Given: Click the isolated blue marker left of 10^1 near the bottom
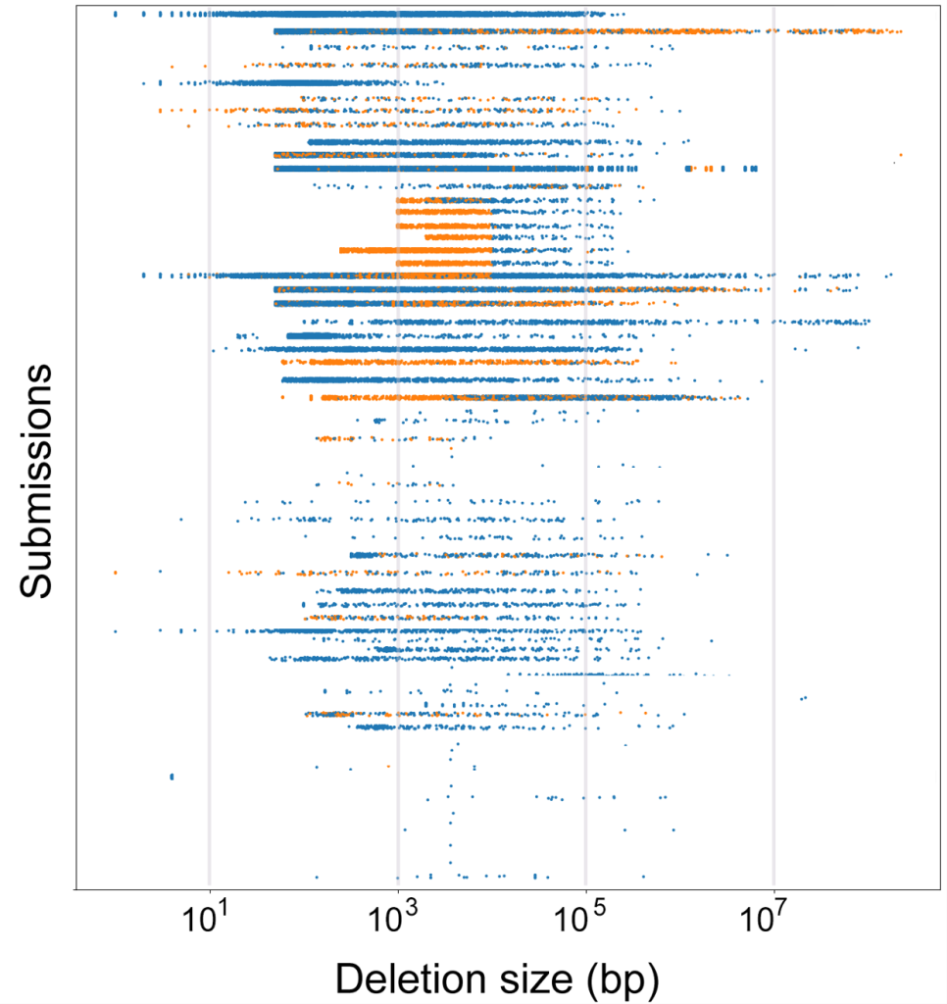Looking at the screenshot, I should tap(172, 777).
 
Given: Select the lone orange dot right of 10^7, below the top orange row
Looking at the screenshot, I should tap(900, 155).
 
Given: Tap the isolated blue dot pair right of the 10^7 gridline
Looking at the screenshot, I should tap(803, 698).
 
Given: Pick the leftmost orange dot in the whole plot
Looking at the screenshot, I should tap(115, 572).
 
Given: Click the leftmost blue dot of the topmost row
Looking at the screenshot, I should tap(116, 14).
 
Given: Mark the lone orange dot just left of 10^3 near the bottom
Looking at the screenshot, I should tap(388, 766).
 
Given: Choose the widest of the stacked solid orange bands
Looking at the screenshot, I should tap(416, 250).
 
